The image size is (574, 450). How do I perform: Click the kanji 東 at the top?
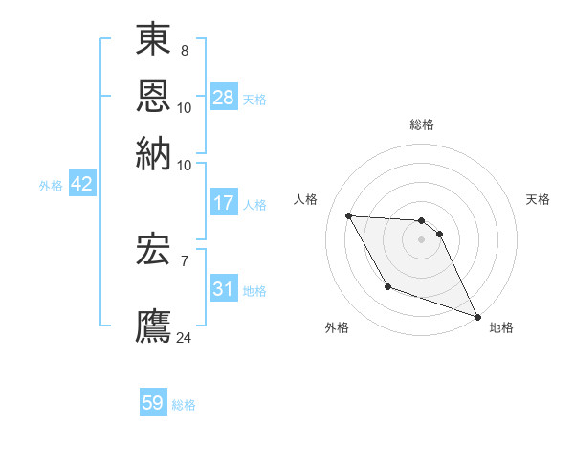point(153,41)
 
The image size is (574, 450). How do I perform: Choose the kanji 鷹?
point(153,323)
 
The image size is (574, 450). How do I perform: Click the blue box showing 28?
point(224,98)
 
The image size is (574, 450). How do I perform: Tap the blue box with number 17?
point(224,203)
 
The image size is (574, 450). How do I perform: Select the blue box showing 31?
point(224,289)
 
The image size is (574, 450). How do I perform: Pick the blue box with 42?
point(81,185)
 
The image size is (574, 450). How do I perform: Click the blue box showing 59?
point(153,403)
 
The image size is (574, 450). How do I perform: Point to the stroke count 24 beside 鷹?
point(185,337)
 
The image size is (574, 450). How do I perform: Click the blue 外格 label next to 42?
point(51,186)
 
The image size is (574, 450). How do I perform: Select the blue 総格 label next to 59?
point(184,405)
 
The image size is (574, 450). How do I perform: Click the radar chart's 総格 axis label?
point(422,124)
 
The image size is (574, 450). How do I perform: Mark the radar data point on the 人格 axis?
point(348,215)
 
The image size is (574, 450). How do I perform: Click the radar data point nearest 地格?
point(478,316)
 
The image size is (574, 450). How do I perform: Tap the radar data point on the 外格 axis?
point(387,286)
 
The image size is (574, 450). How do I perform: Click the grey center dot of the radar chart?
point(421,239)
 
